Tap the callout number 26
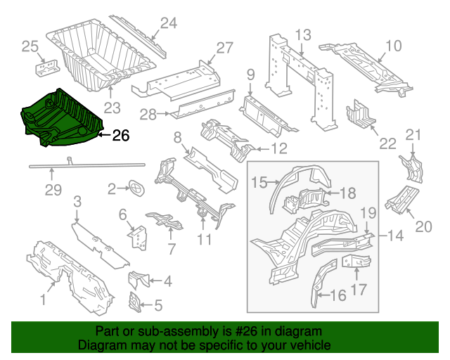click(x=121, y=135)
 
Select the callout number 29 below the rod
click(x=53, y=189)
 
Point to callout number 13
click(x=302, y=34)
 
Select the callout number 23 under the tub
click(x=112, y=108)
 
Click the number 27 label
click(x=224, y=48)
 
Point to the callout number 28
click(x=148, y=114)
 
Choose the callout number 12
click(x=278, y=148)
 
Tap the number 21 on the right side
click(x=414, y=135)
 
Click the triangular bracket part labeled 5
click(x=132, y=303)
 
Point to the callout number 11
click(x=204, y=240)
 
